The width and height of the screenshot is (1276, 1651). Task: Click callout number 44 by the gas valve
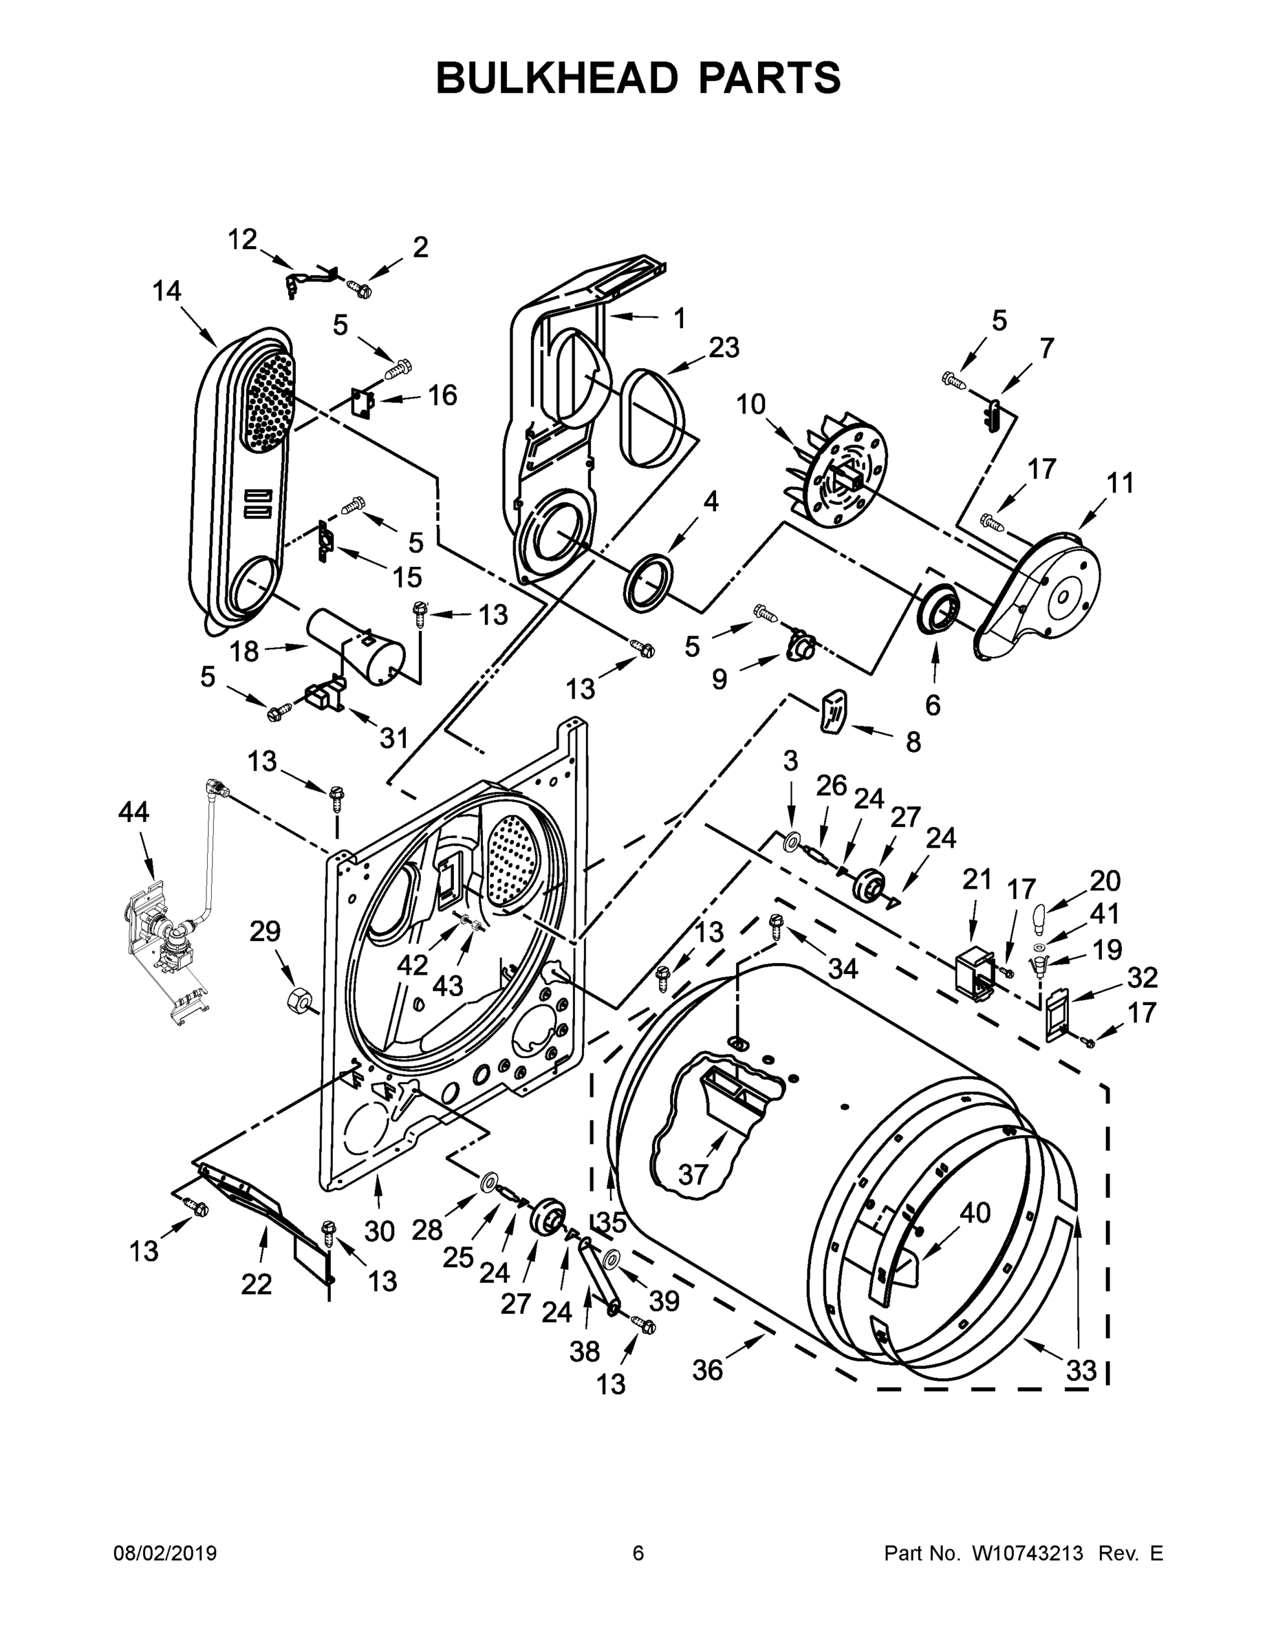click(134, 812)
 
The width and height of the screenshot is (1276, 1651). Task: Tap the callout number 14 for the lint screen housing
click(167, 291)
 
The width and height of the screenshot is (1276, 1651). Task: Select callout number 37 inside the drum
click(693, 1174)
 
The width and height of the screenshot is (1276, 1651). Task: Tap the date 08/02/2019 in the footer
click(165, 1553)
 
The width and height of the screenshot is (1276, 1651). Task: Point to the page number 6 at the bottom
click(638, 1553)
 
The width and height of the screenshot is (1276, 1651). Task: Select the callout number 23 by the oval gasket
click(724, 347)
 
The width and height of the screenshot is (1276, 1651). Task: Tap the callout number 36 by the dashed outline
click(708, 1370)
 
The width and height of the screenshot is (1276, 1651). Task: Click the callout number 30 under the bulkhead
click(380, 1231)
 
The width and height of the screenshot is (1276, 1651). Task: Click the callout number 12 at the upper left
click(243, 239)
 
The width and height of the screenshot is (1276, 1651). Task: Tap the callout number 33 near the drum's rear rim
click(1081, 1370)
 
